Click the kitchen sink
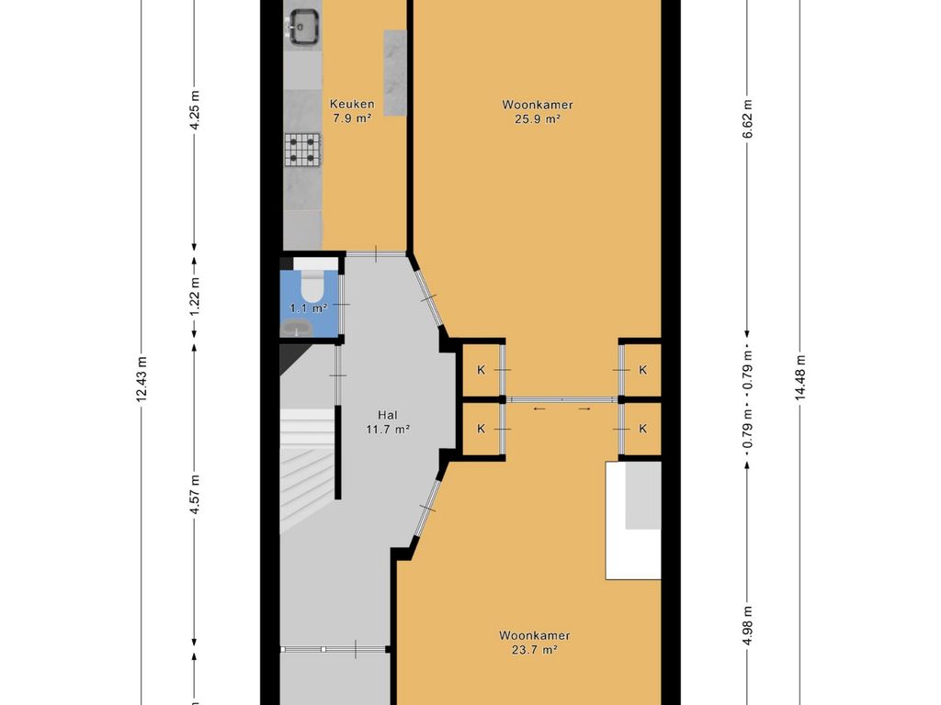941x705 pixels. [x=303, y=27]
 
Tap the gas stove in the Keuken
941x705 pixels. [x=303, y=150]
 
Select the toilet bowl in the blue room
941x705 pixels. [x=312, y=286]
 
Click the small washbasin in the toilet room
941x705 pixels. [x=296, y=328]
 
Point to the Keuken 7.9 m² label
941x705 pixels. [x=352, y=111]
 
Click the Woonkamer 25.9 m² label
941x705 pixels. [x=537, y=111]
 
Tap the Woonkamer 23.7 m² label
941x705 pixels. [x=534, y=642]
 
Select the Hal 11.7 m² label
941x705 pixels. [x=388, y=422]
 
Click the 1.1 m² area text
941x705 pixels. [x=309, y=308]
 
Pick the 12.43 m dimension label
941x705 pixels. [x=141, y=379]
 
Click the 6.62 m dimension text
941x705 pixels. [x=747, y=118]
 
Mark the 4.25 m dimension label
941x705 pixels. [x=194, y=110]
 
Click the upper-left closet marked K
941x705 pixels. [x=481, y=370]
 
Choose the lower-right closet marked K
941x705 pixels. [x=642, y=429]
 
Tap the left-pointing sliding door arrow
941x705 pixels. [x=539, y=409]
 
